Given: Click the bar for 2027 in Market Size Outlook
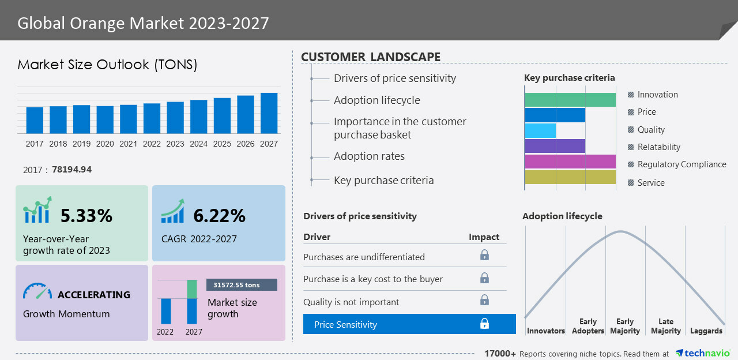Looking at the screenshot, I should click(x=269, y=113).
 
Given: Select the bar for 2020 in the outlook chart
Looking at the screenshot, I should click(x=105, y=119).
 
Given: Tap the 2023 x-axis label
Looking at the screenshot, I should click(x=175, y=144).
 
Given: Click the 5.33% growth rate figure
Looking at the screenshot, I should click(x=86, y=216).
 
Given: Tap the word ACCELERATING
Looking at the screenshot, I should click(x=94, y=295).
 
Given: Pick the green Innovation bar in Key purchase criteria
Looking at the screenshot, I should click(x=570, y=99).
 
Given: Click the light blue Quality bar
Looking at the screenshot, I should click(x=540, y=130).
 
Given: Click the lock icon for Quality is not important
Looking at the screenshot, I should click(x=484, y=300).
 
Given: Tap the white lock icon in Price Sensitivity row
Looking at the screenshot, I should click(x=484, y=324).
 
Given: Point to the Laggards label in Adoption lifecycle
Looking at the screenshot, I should click(x=706, y=331).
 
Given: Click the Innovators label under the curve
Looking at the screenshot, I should click(x=546, y=331).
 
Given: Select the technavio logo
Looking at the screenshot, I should click(x=702, y=353).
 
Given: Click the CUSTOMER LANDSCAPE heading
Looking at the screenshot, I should click(x=371, y=57).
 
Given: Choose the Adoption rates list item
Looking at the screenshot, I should click(x=369, y=156).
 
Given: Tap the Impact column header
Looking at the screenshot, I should click(x=484, y=237).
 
